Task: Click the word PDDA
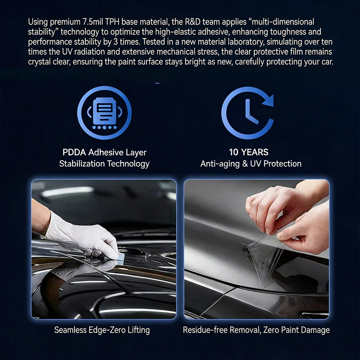[74, 152]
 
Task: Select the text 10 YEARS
[249, 152]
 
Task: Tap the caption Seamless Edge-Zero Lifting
[102, 330]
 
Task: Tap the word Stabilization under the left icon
[82, 164]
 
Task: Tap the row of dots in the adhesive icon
[104, 127]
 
